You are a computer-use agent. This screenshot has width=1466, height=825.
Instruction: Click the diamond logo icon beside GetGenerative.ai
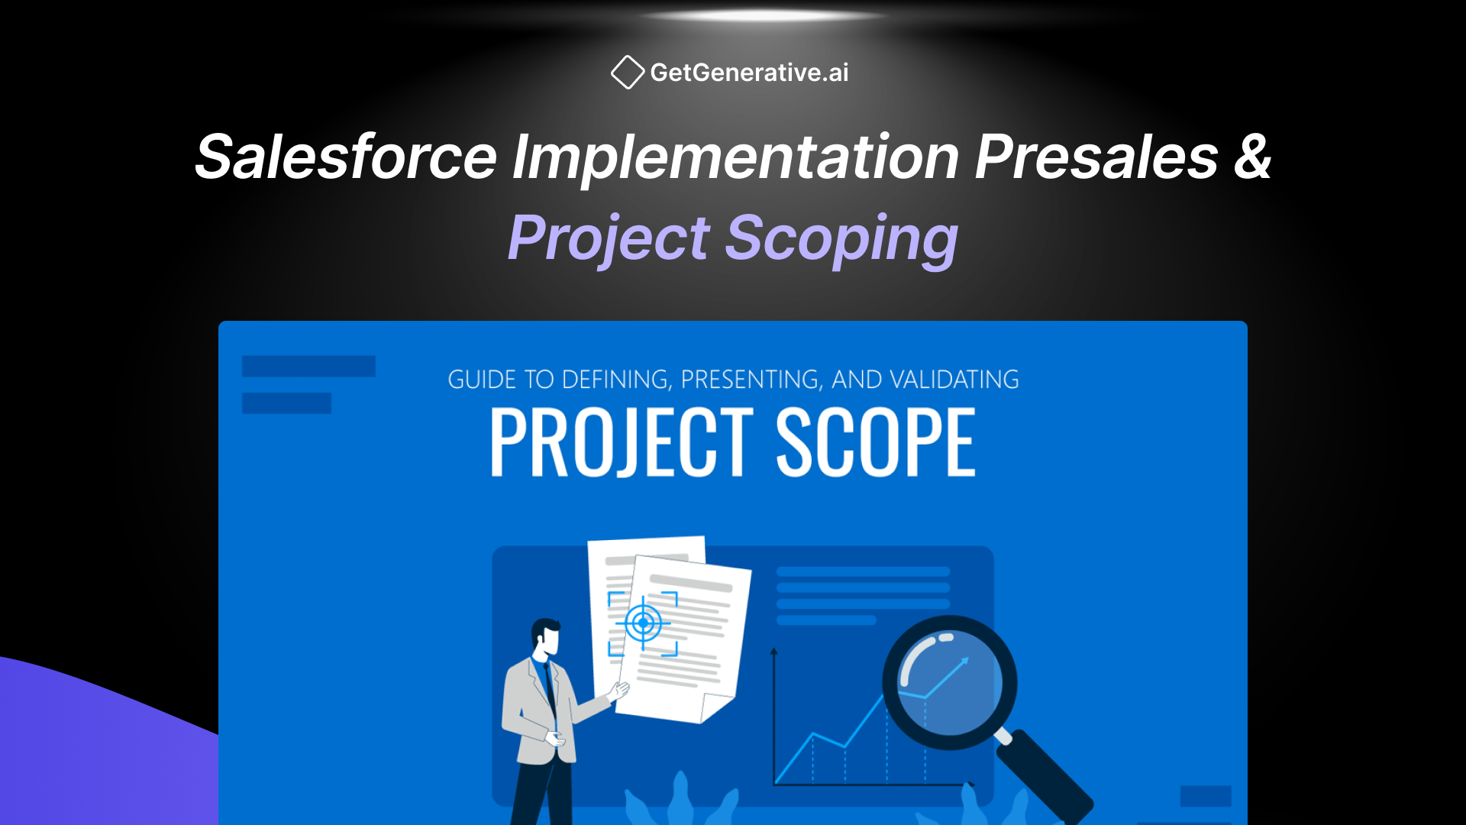[x=628, y=73]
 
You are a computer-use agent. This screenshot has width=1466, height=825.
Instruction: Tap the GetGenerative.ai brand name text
[x=749, y=73]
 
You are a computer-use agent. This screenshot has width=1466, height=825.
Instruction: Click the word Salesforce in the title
[x=346, y=157]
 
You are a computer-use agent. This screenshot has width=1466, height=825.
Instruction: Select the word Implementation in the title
[x=735, y=157]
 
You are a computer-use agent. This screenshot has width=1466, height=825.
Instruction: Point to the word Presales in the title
[x=1096, y=157]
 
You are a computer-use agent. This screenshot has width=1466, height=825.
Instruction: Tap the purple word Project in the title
[x=609, y=238]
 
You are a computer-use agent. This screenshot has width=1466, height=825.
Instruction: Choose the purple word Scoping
[x=841, y=238]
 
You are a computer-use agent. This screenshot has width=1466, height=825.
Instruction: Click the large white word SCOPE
[x=876, y=442]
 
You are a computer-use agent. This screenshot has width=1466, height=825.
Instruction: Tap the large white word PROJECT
[x=622, y=442]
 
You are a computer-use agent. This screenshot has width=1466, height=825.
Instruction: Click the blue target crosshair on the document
[x=643, y=623]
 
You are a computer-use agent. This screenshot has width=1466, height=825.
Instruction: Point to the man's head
[x=547, y=637]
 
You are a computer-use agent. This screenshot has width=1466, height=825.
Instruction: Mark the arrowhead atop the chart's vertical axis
[x=774, y=652]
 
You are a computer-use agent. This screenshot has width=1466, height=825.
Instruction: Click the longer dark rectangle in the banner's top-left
[x=308, y=367]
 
